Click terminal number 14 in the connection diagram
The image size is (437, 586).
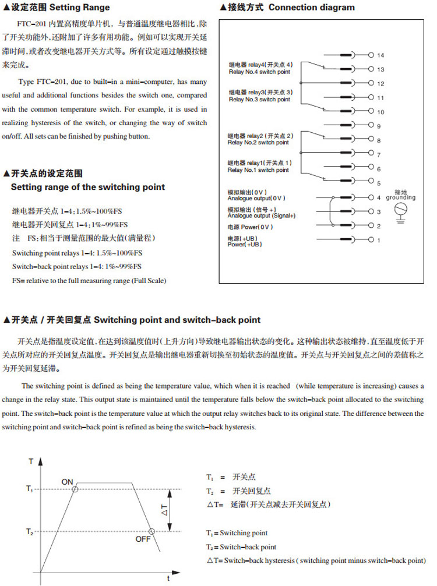tap(380, 55)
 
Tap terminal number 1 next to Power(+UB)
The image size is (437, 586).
tap(378, 240)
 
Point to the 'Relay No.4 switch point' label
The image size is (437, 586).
tap(259, 71)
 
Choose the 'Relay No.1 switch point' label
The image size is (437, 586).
tap(258, 171)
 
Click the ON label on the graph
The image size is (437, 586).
tap(68, 481)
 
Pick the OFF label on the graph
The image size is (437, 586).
tap(143, 539)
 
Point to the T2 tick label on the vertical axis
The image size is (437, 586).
tap(30, 531)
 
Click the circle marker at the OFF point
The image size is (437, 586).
tap(151, 531)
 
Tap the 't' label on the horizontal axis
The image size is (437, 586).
tap(168, 578)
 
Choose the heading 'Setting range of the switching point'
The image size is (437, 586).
tap(88, 188)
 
